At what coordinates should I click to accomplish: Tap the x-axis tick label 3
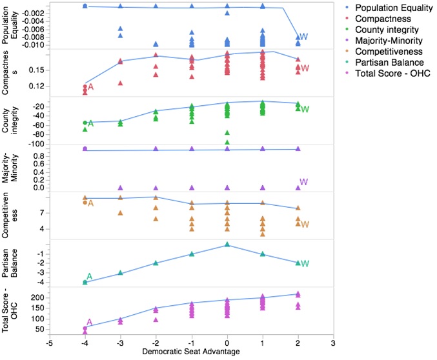[333, 343]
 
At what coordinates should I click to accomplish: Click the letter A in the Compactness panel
[91, 87]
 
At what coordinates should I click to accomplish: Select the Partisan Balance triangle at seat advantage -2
[156, 263]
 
